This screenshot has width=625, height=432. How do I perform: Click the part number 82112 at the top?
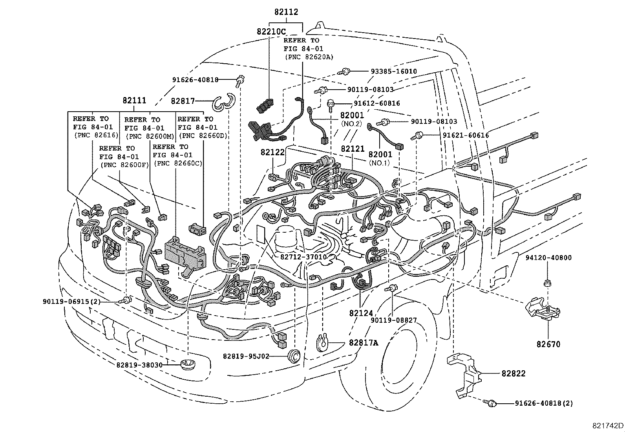pos(286,12)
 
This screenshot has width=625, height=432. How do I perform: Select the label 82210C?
pos(271,31)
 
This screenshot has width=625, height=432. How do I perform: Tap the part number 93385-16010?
pos(394,72)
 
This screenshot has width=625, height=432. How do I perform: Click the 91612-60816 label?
pos(376,103)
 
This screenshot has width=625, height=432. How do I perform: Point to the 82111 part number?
pos(134,101)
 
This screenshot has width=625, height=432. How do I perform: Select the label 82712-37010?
pos(303,257)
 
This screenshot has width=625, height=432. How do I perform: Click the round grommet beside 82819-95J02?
pos(294,356)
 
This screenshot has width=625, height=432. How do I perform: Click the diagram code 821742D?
pos(608,425)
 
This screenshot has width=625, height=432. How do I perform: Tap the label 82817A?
pos(364,343)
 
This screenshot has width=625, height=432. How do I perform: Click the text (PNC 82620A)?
pos(309,57)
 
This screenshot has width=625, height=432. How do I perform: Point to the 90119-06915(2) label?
pos(71,301)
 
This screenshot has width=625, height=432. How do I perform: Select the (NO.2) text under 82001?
pos(351,123)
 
